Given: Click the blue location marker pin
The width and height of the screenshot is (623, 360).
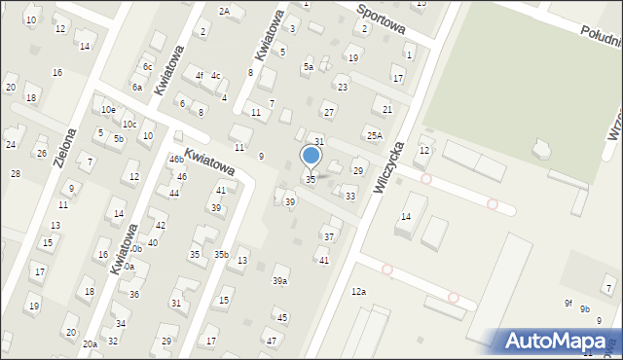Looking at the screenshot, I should [x=311, y=156].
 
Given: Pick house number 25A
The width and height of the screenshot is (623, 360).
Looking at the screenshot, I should [x=374, y=135].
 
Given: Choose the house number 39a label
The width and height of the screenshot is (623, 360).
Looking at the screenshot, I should [x=279, y=281].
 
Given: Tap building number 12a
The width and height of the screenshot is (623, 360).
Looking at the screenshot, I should [x=359, y=291].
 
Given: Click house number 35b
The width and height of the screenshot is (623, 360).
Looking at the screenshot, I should [x=221, y=255].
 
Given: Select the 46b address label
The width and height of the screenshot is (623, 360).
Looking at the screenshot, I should [x=176, y=159].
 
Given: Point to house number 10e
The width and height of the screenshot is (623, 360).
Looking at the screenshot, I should [x=107, y=110].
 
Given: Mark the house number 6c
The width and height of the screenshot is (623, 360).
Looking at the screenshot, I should [x=148, y=67].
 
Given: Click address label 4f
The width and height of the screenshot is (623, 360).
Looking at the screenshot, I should [x=199, y=75].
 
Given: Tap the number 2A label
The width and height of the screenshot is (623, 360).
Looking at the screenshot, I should [x=224, y=11].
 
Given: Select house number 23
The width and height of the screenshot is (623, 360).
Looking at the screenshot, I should [x=342, y=88].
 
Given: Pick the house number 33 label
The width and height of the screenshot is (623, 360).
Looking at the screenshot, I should [x=350, y=197].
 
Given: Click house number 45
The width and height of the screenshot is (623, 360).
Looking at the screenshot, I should [x=281, y=317].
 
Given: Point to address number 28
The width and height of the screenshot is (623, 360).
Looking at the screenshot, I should [x=15, y=173].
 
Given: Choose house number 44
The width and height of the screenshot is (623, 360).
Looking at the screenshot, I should [x=173, y=194].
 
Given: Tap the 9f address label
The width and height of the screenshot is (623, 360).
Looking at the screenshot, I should [x=568, y=303].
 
